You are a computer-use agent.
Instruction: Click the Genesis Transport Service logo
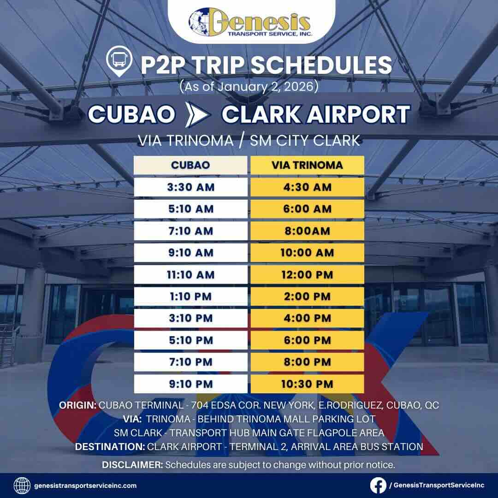point(249,23)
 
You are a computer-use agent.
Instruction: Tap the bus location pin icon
point(118,64)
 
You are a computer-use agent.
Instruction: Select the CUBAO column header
point(190,165)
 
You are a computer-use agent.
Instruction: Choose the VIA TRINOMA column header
point(307,165)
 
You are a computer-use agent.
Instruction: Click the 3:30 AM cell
point(190,187)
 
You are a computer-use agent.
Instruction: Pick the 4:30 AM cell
point(307,187)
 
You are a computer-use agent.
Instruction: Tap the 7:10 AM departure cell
point(190,231)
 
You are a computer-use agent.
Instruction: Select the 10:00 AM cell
point(307,253)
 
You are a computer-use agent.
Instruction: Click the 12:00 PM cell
point(307,275)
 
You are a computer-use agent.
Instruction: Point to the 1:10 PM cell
point(190,296)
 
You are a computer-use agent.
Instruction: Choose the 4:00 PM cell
point(307,318)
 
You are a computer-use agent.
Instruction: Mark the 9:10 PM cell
point(190,384)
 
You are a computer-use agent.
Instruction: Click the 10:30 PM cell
point(307,384)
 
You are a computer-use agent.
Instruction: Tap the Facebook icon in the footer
point(379,485)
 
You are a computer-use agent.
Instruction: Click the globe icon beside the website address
point(22,486)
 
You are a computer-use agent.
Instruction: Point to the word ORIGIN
point(77,405)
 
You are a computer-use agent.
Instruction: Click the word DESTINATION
point(110,446)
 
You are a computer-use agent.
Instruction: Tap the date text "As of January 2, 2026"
point(249,87)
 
